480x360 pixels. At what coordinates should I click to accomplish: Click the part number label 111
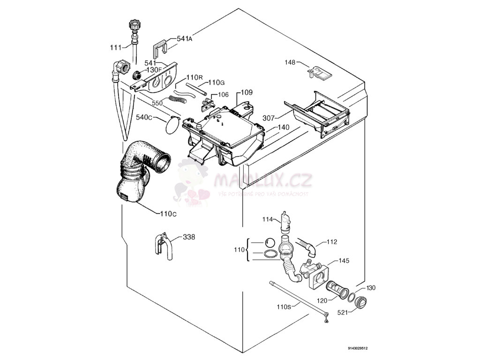pyautogui.click(x=116, y=47)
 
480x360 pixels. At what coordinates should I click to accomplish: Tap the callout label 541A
pyautogui.click(x=185, y=39)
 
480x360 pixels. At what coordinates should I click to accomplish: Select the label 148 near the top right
pyautogui.click(x=291, y=62)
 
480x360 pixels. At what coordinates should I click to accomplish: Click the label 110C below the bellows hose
pyautogui.click(x=168, y=214)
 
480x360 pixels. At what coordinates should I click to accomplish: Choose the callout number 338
pyautogui.click(x=189, y=237)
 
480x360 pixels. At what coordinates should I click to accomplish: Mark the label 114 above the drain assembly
pyautogui.click(x=268, y=219)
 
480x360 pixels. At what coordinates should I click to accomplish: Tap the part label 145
pyautogui.click(x=344, y=261)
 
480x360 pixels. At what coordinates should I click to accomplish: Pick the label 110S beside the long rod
pyautogui.click(x=284, y=307)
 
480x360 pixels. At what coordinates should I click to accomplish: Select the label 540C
pyautogui.click(x=144, y=117)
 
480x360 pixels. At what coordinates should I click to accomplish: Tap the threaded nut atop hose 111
pyautogui.click(x=133, y=25)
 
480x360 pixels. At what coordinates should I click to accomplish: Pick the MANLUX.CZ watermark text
pyautogui.click(x=262, y=180)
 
